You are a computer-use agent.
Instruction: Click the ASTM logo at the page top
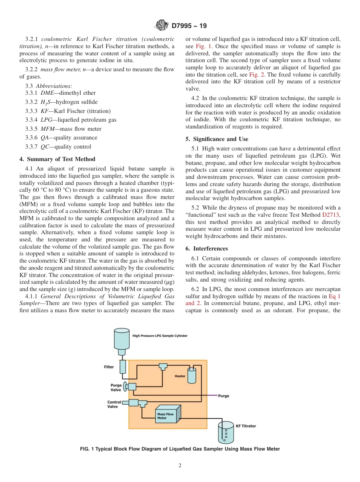pyautogui.click(x=162, y=26)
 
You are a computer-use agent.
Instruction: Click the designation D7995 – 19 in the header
pyautogui.click(x=189, y=26)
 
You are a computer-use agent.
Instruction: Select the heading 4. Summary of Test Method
pyautogui.click(x=57, y=159)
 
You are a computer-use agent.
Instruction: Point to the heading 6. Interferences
pyautogui.click(x=207, y=249)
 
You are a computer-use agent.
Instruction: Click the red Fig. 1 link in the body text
pyautogui.click(x=203, y=46)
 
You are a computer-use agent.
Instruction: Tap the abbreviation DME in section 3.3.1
pyautogui.click(x=47, y=93)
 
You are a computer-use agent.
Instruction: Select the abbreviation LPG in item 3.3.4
pyautogui.click(x=46, y=120)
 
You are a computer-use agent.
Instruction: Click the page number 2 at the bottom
pyautogui.click(x=180, y=466)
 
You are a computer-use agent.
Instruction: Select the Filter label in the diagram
pyautogui.click(x=109, y=367)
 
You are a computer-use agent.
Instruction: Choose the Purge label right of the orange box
pyautogui.click(x=224, y=396)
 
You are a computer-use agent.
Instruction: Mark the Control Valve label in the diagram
pyautogui.click(x=114, y=404)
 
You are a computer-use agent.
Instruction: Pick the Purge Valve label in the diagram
pyautogui.click(x=116, y=387)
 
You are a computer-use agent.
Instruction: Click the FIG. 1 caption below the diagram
pyautogui.click(x=180, y=449)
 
